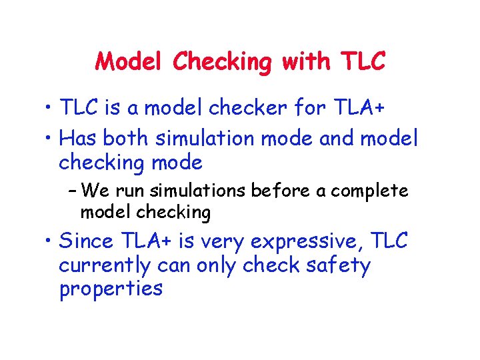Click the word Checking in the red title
coord(223,62)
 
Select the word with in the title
coord(305,62)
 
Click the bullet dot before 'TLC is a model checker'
coord(48,107)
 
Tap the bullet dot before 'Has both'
coord(48,139)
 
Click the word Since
coord(87,241)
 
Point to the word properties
coord(111,289)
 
